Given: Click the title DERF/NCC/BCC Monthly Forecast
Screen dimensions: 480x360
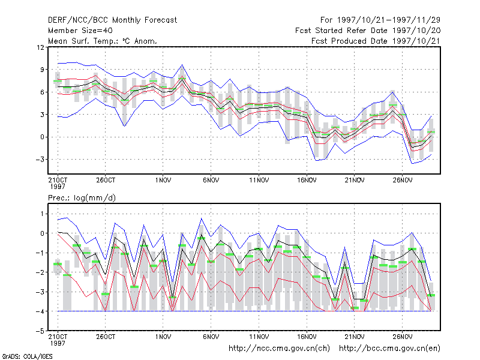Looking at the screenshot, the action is click(112, 20).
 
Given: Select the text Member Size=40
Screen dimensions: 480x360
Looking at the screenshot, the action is click(80, 31).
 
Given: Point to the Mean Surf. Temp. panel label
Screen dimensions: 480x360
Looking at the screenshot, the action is click(102, 41).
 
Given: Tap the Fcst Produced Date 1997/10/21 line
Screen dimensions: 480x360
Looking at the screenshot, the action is click(376, 41).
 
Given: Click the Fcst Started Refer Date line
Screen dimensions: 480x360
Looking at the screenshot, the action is click(368, 31).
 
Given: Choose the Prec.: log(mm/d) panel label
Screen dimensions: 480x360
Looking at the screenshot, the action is click(82, 198).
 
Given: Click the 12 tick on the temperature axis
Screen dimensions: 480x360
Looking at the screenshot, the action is click(40, 47).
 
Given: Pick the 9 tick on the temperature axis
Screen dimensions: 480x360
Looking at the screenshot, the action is click(42, 70).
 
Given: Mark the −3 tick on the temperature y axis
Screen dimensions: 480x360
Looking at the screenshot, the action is click(40, 160).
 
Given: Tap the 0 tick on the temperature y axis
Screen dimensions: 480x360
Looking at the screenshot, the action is click(42, 137).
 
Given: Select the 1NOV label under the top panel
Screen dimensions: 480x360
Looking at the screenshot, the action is click(163, 180).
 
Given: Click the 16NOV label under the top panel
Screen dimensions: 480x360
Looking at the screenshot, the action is click(307, 180).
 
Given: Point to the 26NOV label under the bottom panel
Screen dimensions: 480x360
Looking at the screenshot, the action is click(402, 337).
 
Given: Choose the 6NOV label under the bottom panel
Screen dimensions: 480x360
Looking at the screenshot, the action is click(211, 337).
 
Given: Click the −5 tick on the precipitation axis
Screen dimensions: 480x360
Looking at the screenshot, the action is click(40, 331).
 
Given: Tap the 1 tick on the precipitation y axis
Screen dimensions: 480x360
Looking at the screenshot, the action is click(43, 214).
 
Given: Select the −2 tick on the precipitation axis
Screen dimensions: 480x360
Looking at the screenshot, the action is click(40, 272).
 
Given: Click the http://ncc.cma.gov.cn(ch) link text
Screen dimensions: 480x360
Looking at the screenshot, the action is click(279, 349).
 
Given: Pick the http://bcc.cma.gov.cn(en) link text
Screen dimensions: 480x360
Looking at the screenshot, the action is click(389, 349).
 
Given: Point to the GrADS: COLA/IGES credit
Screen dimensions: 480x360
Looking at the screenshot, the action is click(27, 356).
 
